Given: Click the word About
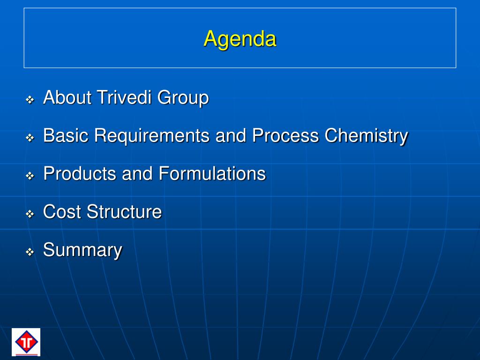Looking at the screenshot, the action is click(x=67, y=97).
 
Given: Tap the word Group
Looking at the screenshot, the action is click(x=183, y=98).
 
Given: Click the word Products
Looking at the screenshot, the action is click(x=80, y=173).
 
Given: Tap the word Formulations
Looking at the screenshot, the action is click(x=212, y=173).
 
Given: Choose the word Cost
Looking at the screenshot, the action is click(x=62, y=211).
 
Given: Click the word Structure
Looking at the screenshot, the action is click(x=124, y=211).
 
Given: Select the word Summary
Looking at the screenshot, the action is click(x=82, y=250).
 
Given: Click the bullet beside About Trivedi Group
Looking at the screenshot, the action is click(x=30, y=100).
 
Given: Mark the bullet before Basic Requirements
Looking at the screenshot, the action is click(x=30, y=138).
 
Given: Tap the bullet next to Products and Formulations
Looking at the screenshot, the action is click(x=30, y=176).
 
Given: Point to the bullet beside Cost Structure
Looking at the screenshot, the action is click(x=30, y=214).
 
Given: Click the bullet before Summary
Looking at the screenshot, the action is click(x=30, y=252).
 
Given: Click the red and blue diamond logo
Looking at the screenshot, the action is click(x=26, y=342).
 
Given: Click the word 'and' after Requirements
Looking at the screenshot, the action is click(x=231, y=135).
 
